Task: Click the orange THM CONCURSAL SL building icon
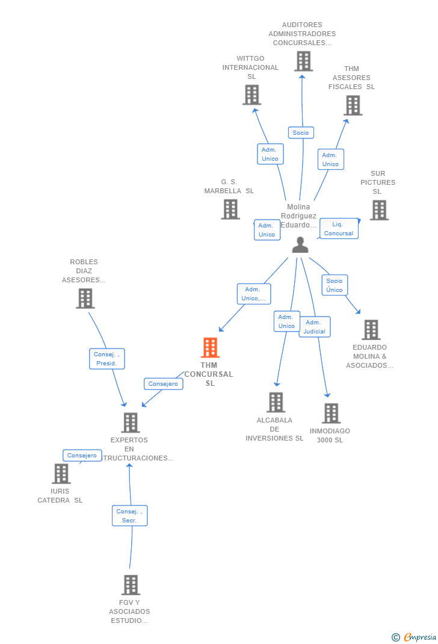(x=210, y=347)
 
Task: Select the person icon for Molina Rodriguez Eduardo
(x=300, y=245)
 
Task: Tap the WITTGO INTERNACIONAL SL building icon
(x=252, y=95)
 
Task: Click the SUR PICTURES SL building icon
(x=379, y=210)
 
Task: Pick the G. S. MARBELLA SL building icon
(x=230, y=209)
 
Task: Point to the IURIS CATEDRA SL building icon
(x=61, y=474)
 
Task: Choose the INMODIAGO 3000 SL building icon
(x=332, y=413)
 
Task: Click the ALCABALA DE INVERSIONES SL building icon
(x=276, y=402)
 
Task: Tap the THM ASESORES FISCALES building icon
(x=353, y=105)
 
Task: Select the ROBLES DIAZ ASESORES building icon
(x=85, y=298)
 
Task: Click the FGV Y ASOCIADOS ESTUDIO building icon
(x=131, y=585)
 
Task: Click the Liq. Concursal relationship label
(x=339, y=229)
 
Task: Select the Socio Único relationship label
(x=335, y=285)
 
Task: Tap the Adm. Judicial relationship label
(x=315, y=327)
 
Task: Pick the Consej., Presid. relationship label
(x=106, y=359)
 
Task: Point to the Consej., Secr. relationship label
(x=129, y=515)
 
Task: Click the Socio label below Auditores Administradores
(x=301, y=132)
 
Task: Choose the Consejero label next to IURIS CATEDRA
(x=82, y=455)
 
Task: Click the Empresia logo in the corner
(x=414, y=637)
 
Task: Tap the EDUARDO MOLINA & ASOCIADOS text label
(x=369, y=356)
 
